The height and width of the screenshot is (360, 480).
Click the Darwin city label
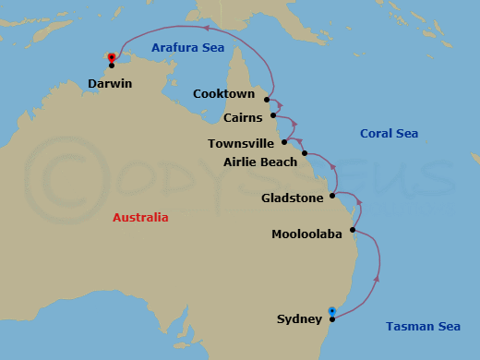[110, 83]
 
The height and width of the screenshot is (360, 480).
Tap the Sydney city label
[299, 319]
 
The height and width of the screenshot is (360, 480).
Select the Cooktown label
[223, 94]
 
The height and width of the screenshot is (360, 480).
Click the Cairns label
[243, 118]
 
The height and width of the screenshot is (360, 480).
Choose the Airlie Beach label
[260, 162]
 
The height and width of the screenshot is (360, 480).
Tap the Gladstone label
[292, 198]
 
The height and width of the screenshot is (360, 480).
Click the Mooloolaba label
[306, 234]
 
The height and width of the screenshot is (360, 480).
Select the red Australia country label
[140, 218]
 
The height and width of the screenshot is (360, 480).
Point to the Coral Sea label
[389, 134]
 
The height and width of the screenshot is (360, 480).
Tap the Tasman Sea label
[423, 326]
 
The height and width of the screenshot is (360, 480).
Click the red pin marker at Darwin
[111, 56]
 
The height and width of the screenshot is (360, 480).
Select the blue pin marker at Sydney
[332, 310]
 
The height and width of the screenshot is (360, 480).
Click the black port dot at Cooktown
[267, 99]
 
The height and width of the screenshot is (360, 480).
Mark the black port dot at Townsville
[284, 142]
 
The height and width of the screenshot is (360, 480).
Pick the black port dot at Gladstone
[332, 197]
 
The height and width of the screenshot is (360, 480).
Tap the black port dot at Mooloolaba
[353, 232]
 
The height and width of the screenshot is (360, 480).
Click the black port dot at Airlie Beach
[305, 152]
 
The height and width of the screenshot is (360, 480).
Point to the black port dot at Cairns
[273, 116]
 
